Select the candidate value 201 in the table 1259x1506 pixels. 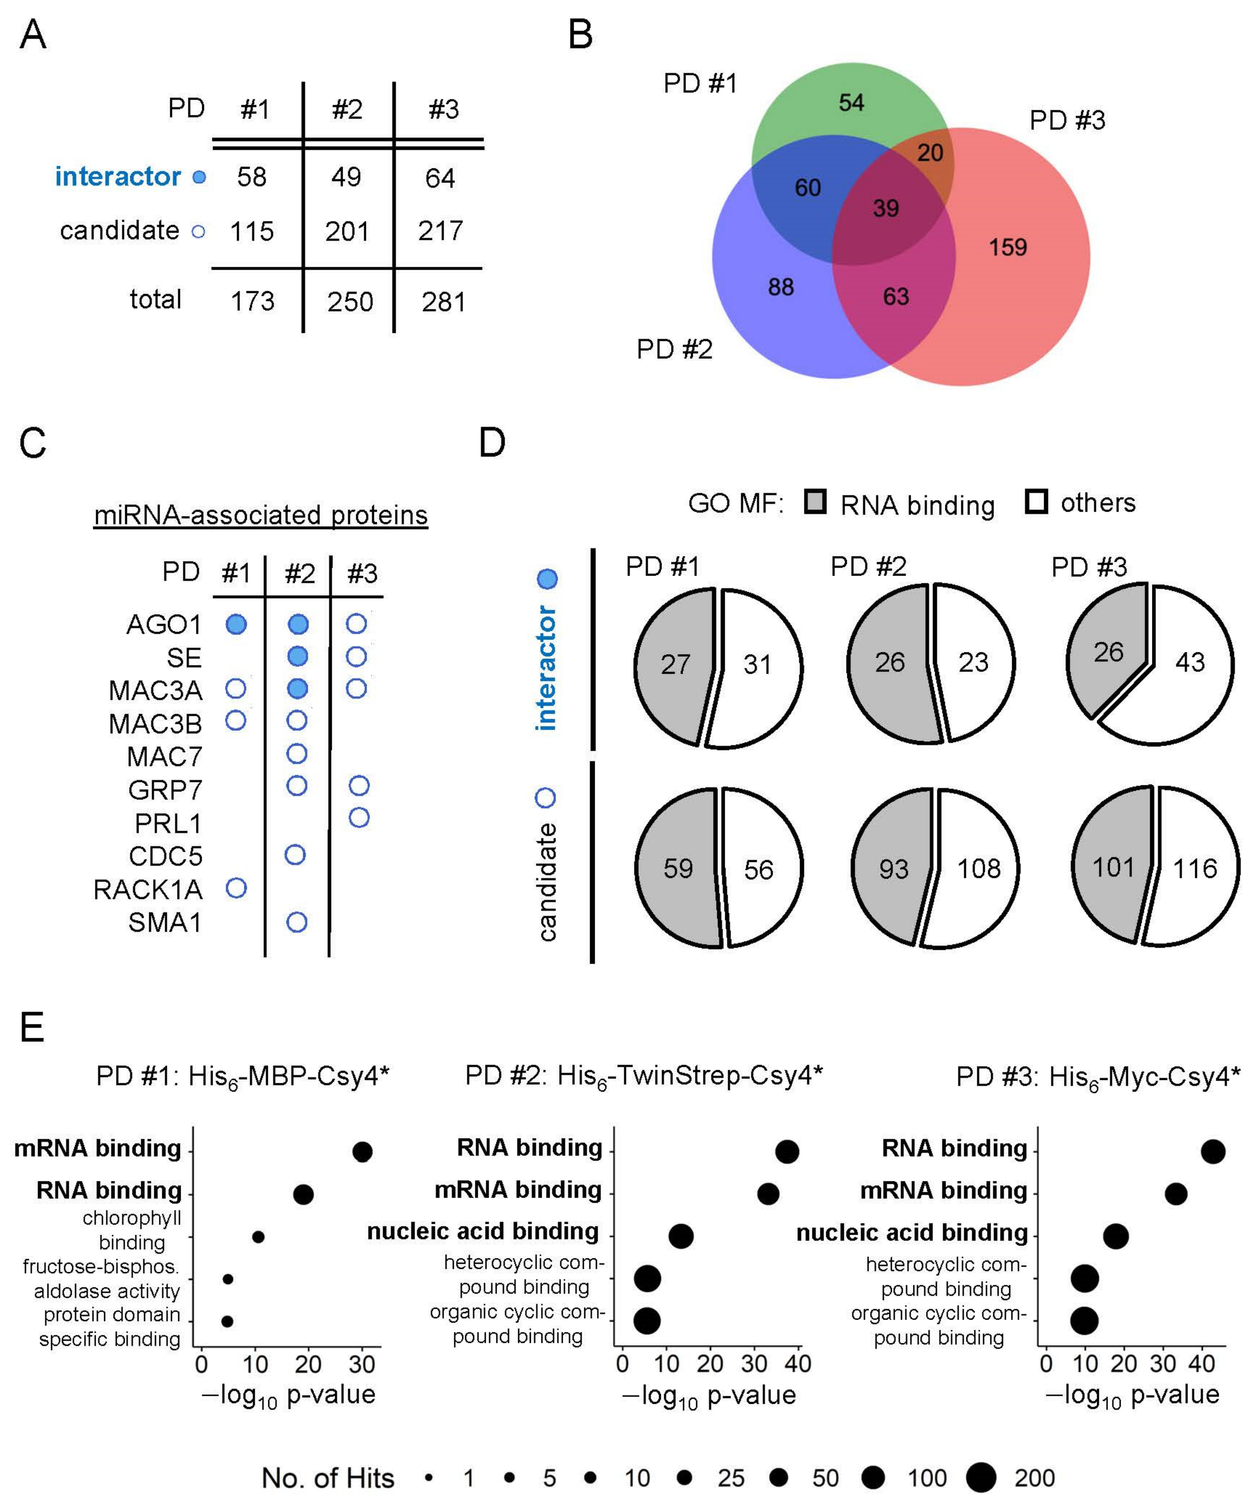point(347,231)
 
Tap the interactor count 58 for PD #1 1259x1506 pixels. point(252,177)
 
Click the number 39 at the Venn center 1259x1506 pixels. point(886,209)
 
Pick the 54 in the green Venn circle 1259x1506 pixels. point(851,103)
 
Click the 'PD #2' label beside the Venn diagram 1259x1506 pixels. point(674,349)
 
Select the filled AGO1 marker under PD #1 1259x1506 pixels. point(236,624)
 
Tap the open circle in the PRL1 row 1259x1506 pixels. point(358,818)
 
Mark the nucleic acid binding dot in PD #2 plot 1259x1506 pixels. point(680,1236)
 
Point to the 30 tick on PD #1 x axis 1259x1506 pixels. point(362,1364)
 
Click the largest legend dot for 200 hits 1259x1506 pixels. point(981,1478)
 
